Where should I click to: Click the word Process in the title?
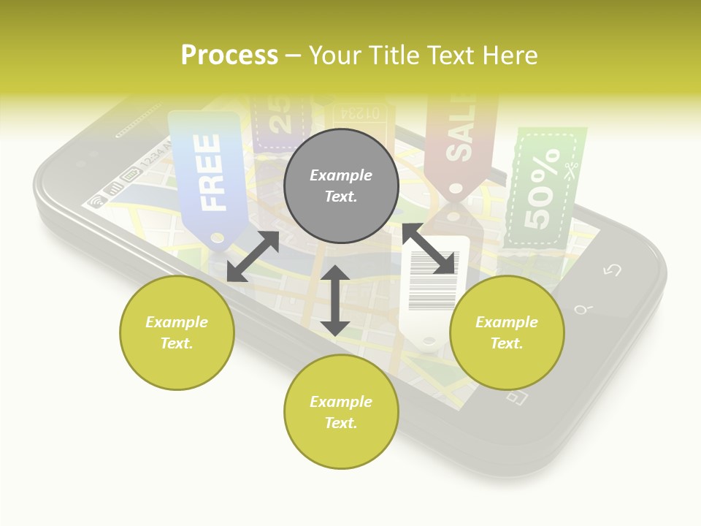tap(229, 56)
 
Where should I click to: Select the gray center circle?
tap(341, 186)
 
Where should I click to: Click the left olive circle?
tap(177, 332)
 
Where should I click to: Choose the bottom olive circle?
tap(341, 412)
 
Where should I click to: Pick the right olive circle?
tap(507, 332)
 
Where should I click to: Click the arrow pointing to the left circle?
tap(253, 256)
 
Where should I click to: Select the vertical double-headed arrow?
tap(335, 300)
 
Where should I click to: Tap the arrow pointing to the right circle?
tap(429, 249)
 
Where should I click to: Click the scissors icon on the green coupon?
tap(572, 168)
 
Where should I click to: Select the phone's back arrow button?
tap(612, 270)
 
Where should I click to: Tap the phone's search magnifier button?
tap(582, 310)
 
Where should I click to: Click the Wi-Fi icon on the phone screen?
tap(96, 201)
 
